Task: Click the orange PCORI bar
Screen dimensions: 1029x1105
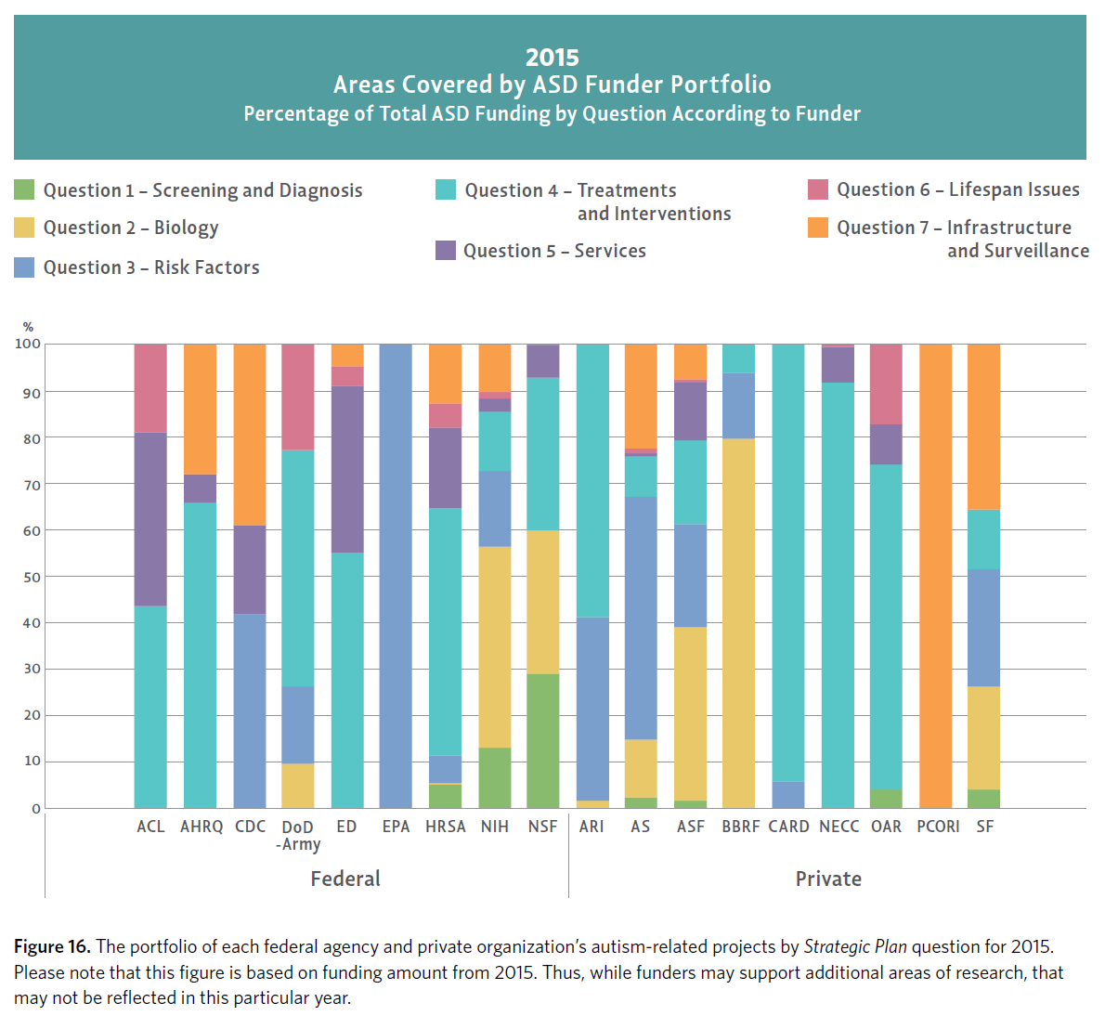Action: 935,576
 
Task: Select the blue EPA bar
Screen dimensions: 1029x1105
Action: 396,576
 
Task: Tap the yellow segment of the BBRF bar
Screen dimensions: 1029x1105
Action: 738,623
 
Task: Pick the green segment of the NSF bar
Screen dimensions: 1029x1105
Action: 543,741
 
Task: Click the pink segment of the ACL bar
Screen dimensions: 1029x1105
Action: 150,388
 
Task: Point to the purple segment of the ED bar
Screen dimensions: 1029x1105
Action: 347,469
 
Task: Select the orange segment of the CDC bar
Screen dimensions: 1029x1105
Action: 250,435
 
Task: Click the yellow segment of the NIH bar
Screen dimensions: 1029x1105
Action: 494,647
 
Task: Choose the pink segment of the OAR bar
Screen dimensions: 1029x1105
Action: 886,384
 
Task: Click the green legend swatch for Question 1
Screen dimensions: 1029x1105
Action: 24,190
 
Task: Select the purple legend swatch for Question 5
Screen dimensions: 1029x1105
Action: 446,251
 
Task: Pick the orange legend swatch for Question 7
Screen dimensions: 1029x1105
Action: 818,228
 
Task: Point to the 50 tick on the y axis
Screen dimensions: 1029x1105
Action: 32,577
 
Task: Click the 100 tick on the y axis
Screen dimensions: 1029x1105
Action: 28,344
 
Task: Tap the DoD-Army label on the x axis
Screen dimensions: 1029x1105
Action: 298,835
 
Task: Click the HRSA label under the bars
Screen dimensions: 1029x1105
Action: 445,827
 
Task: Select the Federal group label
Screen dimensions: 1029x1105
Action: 345,879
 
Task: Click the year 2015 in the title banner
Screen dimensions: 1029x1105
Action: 552,58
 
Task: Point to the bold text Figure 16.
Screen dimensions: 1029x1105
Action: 52,946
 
